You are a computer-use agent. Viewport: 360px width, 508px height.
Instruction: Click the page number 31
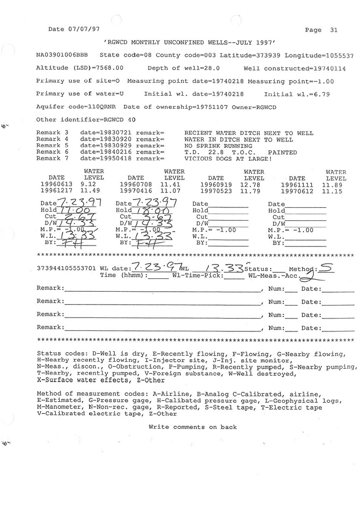click(334, 30)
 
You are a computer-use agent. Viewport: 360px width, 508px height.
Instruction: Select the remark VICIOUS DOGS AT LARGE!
click(228, 159)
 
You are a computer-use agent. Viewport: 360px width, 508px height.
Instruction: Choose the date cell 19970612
click(297, 191)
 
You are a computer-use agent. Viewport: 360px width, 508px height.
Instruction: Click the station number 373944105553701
click(67, 268)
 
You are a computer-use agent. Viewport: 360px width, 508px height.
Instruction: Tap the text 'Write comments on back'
click(193, 427)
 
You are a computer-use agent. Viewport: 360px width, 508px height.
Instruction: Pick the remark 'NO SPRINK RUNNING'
click(218, 146)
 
